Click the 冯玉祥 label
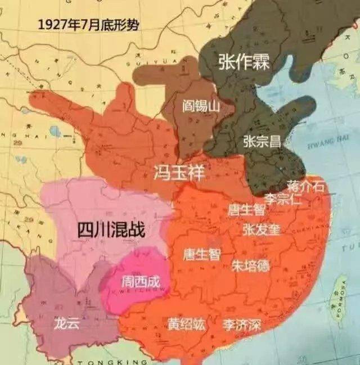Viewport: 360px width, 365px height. [x=176, y=172]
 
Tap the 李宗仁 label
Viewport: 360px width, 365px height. [x=283, y=198]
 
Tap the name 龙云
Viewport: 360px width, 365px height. [x=66, y=323]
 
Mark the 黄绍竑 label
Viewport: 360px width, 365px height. [x=186, y=325]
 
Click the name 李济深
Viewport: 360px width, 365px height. [x=242, y=325]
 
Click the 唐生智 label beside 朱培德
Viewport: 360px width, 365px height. [x=202, y=254]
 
